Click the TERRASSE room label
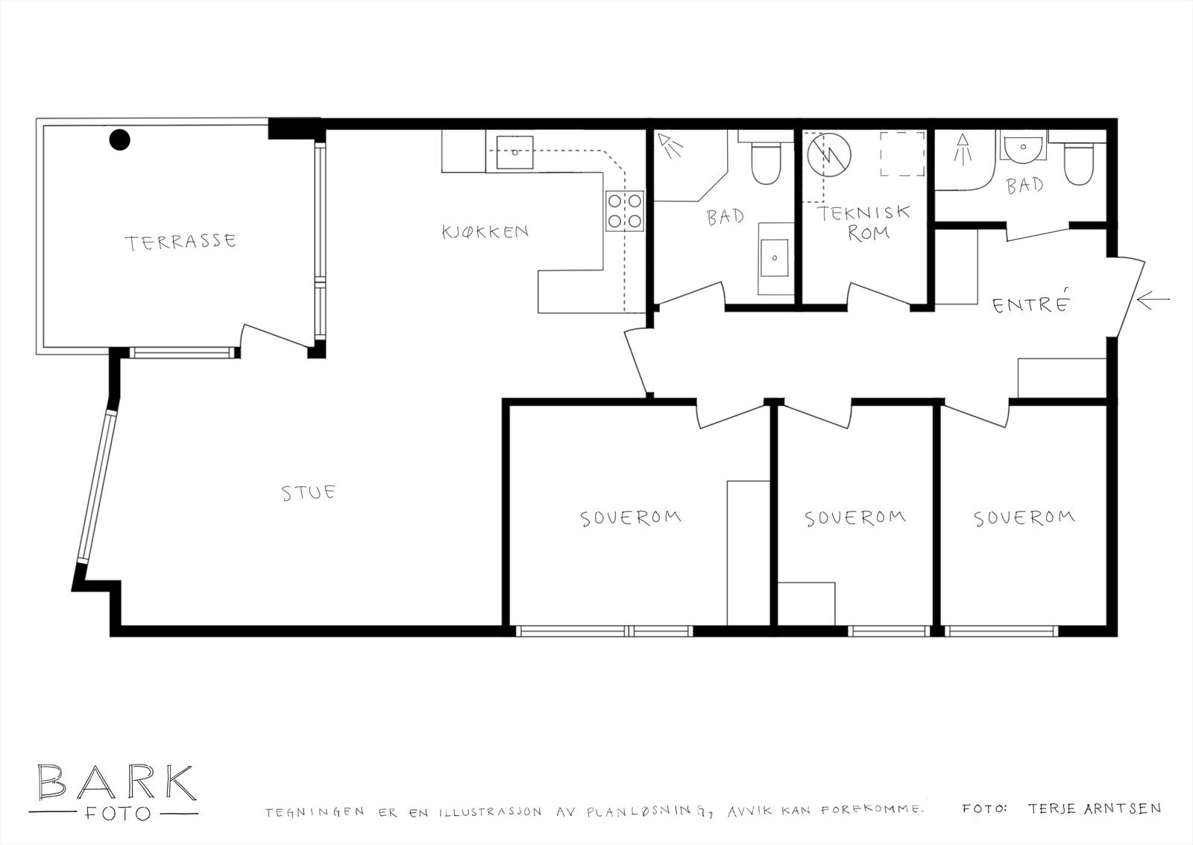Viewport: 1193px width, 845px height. (180, 242)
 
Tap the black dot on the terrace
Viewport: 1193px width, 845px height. (120, 139)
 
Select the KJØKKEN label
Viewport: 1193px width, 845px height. (485, 232)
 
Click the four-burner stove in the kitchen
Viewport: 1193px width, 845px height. (625, 210)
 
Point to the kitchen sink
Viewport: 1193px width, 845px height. (514, 152)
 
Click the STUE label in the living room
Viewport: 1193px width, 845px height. (309, 493)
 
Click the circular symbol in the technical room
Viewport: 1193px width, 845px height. (829, 155)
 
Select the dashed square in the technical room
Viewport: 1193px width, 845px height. (901, 154)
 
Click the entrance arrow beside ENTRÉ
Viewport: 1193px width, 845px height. (1153, 300)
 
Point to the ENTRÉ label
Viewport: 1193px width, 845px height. (1031, 303)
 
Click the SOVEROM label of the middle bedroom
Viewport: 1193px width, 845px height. (854, 518)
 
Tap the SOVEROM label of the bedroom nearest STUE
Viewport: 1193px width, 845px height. (631, 518)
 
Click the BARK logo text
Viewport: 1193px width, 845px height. (116, 782)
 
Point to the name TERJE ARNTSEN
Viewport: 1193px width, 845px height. (1095, 808)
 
